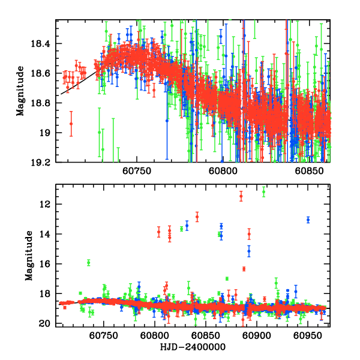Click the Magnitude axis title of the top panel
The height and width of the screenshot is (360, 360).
point(20,91)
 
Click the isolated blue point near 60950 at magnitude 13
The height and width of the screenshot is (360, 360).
point(308,220)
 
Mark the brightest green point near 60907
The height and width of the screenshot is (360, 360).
point(263,192)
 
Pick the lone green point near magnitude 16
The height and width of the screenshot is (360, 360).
point(88,262)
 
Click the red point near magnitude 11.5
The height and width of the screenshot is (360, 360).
point(241,196)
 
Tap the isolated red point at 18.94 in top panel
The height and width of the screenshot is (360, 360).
point(71,124)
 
